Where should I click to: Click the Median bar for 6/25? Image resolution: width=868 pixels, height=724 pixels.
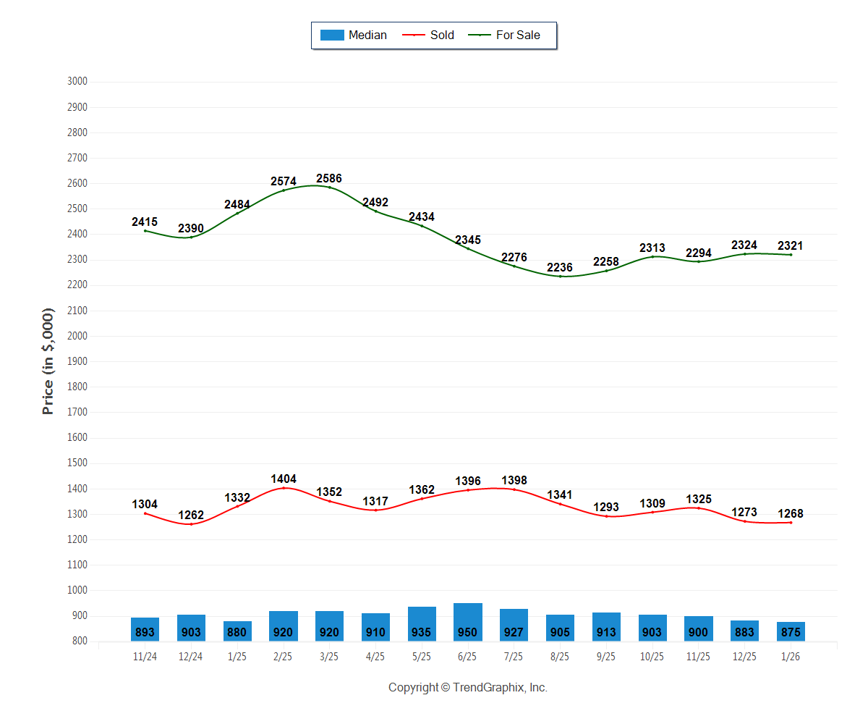click(468, 623)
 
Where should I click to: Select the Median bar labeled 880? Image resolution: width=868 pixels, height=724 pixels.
click(237, 631)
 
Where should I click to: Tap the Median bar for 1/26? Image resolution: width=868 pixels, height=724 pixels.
click(791, 631)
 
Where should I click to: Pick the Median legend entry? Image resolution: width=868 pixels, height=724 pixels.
click(354, 35)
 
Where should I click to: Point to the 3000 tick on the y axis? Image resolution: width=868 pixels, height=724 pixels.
click(77, 82)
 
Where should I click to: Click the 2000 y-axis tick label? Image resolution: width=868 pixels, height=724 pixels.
click(77, 336)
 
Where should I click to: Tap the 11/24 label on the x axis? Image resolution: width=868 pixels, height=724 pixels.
click(145, 657)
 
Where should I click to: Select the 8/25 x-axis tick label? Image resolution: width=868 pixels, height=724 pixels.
click(560, 657)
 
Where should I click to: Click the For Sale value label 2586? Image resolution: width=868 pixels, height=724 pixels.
click(329, 179)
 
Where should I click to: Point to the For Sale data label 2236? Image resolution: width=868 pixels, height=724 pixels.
click(560, 268)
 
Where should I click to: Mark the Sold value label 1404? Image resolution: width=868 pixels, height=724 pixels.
click(284, 479)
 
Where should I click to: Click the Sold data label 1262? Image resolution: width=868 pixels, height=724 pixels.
click(191, 515)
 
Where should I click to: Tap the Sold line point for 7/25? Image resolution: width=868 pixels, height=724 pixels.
click(514, 489)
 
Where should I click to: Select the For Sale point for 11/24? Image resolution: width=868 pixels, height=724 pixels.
click(145, 231)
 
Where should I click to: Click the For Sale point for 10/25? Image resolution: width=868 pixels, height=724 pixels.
click(652, 256)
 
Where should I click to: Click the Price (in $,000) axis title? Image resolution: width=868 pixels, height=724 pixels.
click(48, 361)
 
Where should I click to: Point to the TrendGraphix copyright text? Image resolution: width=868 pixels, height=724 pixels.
click(468, 688)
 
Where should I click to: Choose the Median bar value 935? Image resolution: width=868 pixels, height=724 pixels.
click(422, 632)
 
